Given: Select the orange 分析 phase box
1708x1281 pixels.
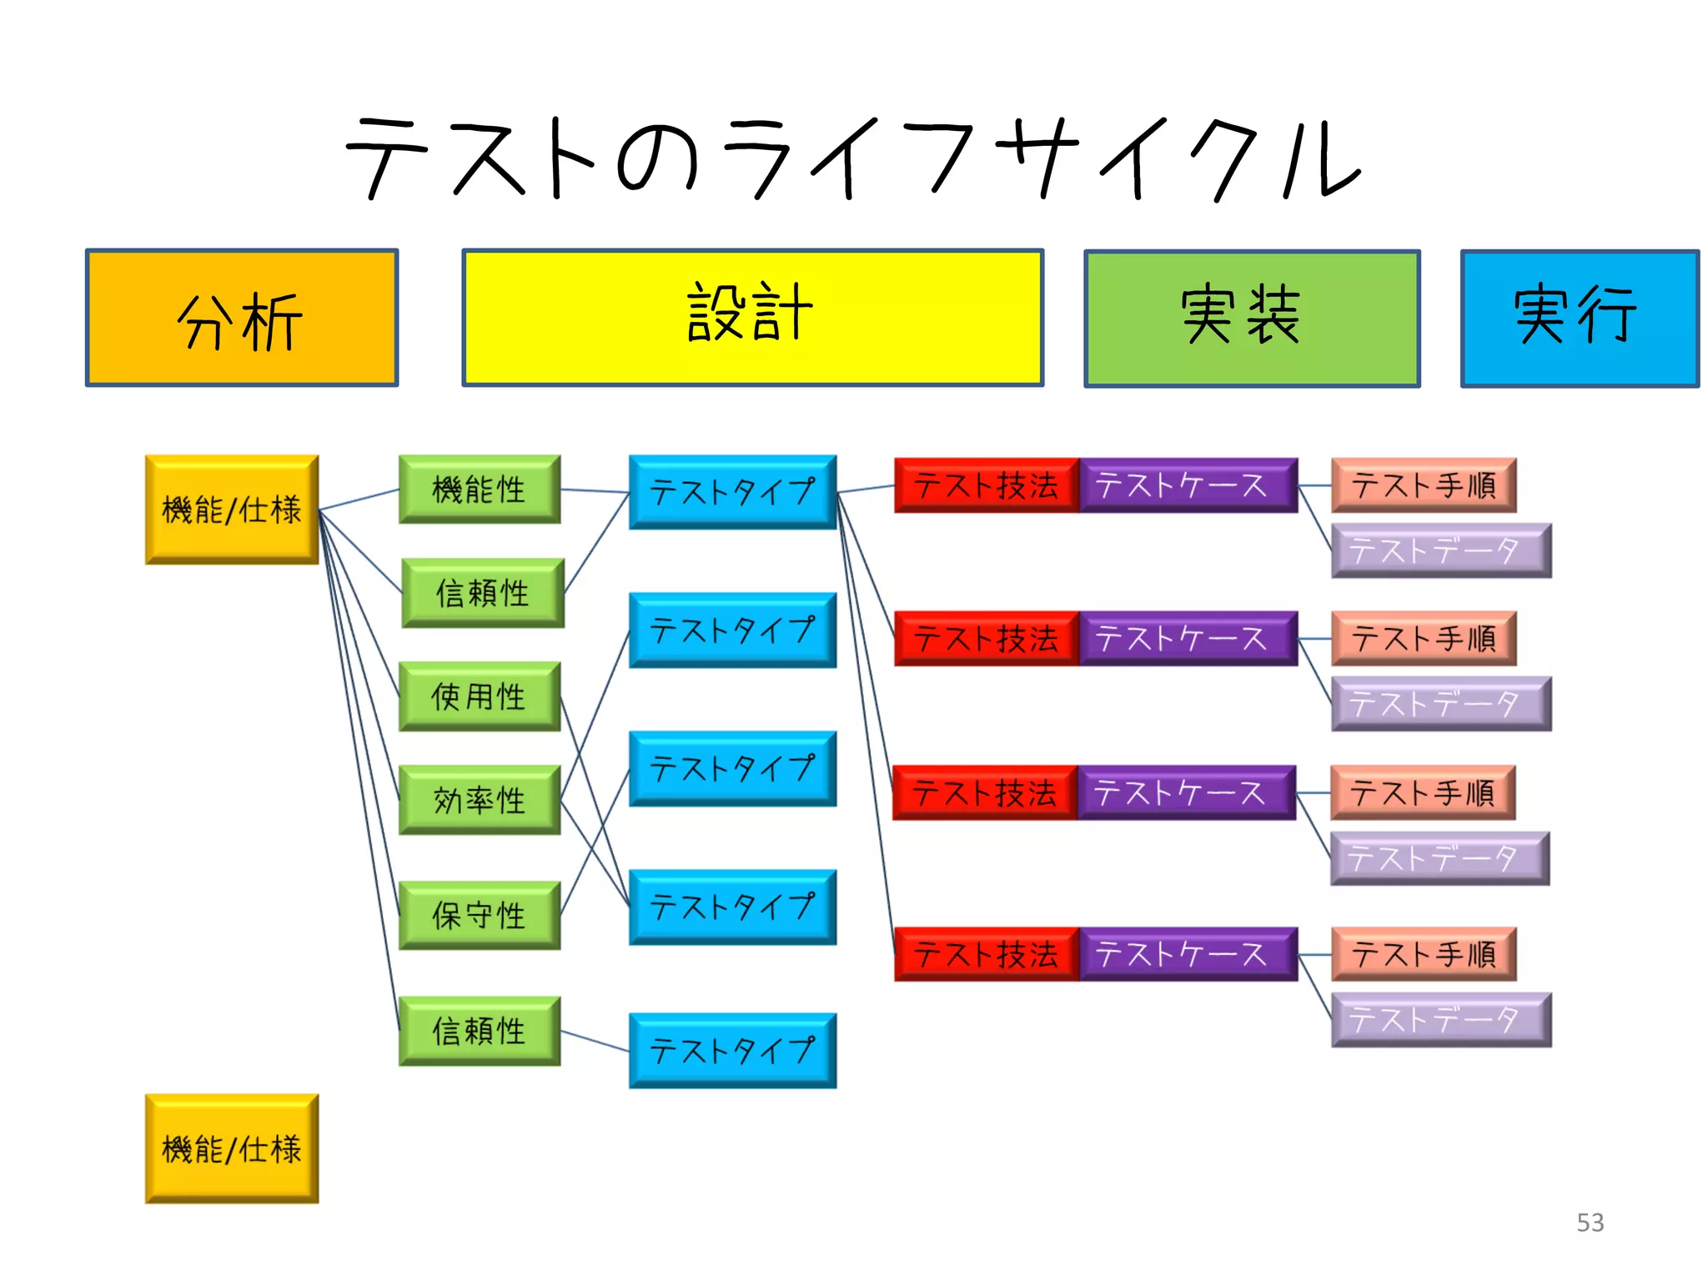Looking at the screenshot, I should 242,318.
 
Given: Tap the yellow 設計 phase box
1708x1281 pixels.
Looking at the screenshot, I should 753,318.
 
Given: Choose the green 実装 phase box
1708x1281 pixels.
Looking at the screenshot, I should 1252,319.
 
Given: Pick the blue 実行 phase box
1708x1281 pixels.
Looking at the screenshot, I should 1580,319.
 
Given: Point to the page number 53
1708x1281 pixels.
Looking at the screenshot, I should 1590,1223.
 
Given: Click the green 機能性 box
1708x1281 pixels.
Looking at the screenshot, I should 480,490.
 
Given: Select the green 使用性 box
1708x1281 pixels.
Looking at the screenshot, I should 480,696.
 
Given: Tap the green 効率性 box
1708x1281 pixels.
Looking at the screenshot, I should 480,800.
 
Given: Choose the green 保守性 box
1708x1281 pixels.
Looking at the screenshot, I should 480,915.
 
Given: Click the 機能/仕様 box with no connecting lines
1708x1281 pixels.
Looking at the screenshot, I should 232,1148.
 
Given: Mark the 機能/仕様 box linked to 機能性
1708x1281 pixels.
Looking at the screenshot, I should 232,510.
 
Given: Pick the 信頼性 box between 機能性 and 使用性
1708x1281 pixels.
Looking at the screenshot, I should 483,593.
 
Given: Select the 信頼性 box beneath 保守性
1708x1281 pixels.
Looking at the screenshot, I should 480,1031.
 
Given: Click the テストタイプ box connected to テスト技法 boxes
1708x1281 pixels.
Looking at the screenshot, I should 732,492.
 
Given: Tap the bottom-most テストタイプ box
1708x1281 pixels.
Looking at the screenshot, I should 732,1051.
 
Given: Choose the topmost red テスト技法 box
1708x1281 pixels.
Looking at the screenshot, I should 987,485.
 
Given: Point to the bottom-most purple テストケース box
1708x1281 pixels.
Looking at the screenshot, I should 1188,954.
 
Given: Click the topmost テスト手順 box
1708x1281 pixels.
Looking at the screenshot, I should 1424,485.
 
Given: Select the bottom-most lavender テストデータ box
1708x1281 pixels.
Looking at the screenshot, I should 1441,1019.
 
